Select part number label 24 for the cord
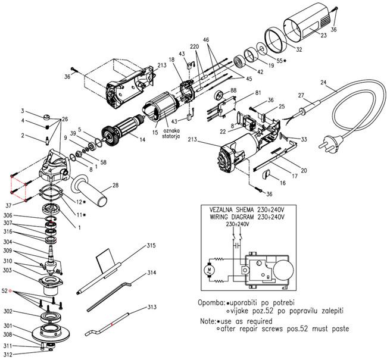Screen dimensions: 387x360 (x=324, y=82)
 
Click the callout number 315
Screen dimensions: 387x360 (x=151, y=246)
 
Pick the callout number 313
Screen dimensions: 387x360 (x=152, y=307)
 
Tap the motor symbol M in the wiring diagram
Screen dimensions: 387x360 (x=207, y=271)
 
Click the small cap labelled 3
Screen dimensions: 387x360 (x=46, y=117)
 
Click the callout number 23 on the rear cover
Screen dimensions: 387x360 (x=323, y=35)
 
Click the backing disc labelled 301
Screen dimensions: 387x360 (x=51, y=332)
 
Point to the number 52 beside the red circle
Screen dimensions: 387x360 (x=5, y=291)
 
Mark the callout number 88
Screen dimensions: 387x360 (x=233, y=90)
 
